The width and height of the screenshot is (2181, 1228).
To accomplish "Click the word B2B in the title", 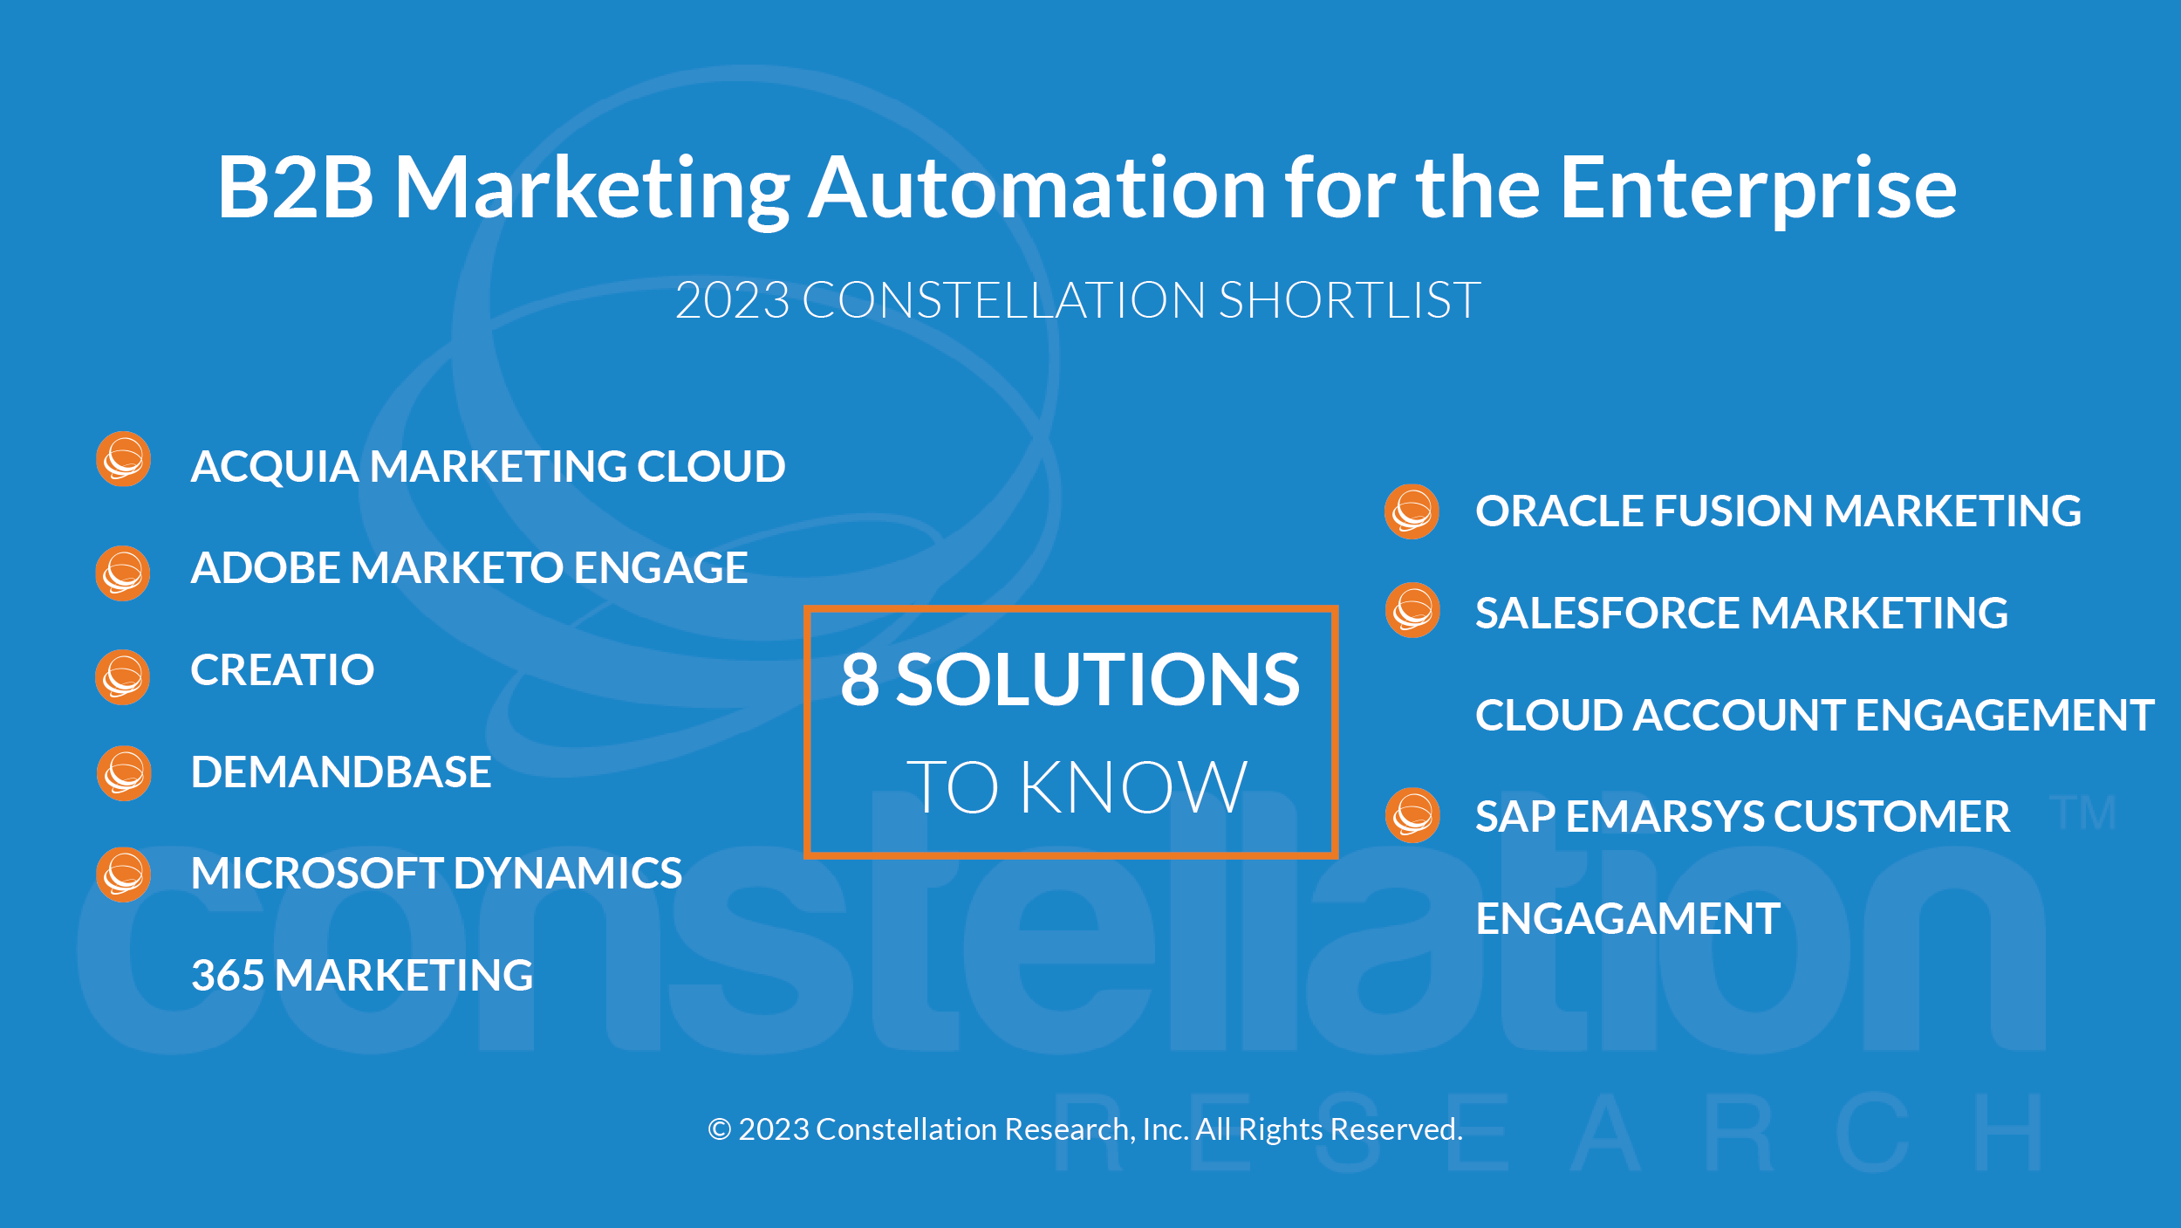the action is click(x=296, y=187).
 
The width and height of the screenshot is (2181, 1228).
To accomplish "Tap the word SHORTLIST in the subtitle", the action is click(x=1350, y=300).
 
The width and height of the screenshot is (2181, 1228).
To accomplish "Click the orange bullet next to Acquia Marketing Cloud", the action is click(x=123, y=459).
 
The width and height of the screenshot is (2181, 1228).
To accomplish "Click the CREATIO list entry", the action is click(x=283, y=670).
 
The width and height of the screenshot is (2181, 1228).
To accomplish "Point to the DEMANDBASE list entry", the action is click(x=341, y=772).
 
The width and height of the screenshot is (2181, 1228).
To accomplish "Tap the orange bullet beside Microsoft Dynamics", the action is click(x=123, y=875).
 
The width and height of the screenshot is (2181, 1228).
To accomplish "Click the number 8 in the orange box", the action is click(x=859, y=680).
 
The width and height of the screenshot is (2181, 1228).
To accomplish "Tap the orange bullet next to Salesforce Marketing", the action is click(x=1412, y=611).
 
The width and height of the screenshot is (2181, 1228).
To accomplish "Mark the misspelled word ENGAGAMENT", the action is click(x=1628, y=919).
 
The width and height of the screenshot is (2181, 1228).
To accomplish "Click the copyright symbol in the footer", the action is click(x=720, y=1129).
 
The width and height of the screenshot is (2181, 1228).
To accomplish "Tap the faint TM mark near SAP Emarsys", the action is click(x=2082, y=813).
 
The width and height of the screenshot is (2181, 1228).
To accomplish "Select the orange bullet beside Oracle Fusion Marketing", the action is click(x=1412, y=511).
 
